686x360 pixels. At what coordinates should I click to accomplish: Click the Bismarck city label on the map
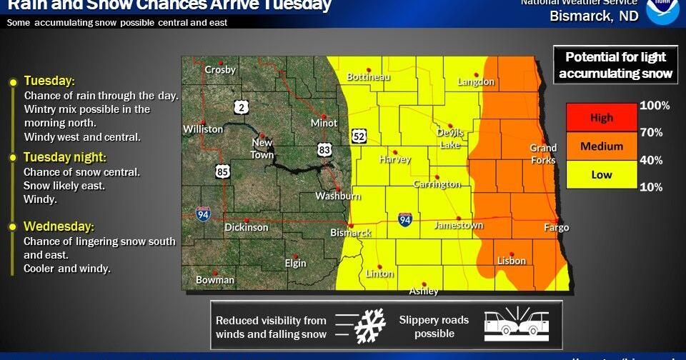click(x=350, y=233)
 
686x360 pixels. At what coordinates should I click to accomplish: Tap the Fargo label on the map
click(x=557, y=228)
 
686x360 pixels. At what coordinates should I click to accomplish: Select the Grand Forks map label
click(x=543, y=154)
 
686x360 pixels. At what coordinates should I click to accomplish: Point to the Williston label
click(x=203, y=129)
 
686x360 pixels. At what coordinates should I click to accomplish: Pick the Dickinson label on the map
click(x=247, y=227)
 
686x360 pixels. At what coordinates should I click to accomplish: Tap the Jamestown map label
click(x=459, y=225)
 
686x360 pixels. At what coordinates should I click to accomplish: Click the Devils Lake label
click(x=450, y=138)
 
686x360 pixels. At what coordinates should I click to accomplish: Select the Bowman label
click(x=215, y=280)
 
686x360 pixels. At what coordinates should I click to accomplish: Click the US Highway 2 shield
click(x=242, y=107)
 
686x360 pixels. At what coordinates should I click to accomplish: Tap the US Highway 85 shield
click(x=222, y=171)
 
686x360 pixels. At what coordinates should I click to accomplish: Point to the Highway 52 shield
click(x=359, y=135)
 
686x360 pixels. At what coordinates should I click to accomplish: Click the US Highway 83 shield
click(x=325, y=149)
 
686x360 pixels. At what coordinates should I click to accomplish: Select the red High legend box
click(x=601, y=118)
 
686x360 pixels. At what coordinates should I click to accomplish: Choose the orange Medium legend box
click(x=601, y=146)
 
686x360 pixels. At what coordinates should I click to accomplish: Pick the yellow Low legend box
click(x=601, y=174)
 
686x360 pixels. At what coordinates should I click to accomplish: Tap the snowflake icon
click(x=370, y=326)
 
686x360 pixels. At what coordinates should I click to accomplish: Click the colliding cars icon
click(x=517, y=326)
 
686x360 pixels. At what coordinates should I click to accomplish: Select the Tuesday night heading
click(x=64, y=157)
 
